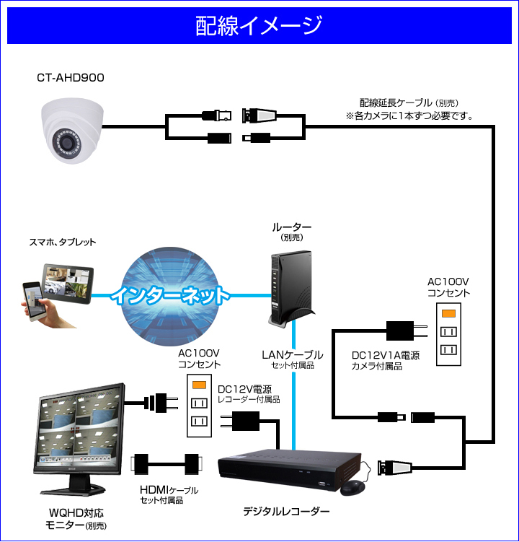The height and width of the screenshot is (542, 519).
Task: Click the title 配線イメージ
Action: coord(259,25)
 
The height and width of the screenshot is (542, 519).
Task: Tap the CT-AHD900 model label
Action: coord(71,78)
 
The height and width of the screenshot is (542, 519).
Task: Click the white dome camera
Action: coord(72,131)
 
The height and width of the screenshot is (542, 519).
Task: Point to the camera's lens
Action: coord(66,142)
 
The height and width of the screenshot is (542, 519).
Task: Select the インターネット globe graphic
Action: coord(170,296)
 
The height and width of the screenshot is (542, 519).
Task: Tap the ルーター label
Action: coord(292,227)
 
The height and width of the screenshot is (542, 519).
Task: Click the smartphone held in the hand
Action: coord(33,301)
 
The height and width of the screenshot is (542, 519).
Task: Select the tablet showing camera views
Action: coord(68,284)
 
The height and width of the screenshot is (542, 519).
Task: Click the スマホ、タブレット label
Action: coord(63,242)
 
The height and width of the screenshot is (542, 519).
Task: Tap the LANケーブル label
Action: coord(293,354)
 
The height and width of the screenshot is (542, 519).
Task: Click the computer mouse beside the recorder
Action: coord(352,488)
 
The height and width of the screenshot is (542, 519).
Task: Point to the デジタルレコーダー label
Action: coord(286,511)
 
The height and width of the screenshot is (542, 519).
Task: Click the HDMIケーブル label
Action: coord(169,490)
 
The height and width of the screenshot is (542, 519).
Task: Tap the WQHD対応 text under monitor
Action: coord(76,513)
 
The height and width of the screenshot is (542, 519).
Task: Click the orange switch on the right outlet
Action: coord(448,313)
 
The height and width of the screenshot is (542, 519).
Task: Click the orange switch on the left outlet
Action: coord(199,385)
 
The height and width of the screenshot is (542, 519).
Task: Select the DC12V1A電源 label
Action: coord(386,355)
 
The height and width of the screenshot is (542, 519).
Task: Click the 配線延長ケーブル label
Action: coord(396,102)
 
